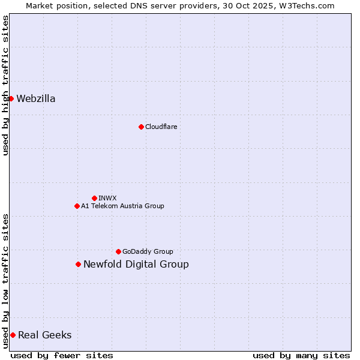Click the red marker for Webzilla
pyautogui.click(x=11, y=98)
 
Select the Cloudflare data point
pyautogui.click(x=141, y=127)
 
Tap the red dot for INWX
pyautogui.click(x=94, y=198)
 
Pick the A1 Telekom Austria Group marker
pyautogui.click(x=77, y=206)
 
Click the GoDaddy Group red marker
pyautogui.click(x=118, y=251)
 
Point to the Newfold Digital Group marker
pyautogui.click(x=78, y=264)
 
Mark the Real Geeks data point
pyautogui.click(x=13, y=335)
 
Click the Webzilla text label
pyautogui.click(x=36, y=99)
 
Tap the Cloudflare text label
pyautogui.click(x=161, y=127)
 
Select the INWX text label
pyautogui.click(x=107, y=198)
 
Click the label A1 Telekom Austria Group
pyautogui.click(x=122, y=206)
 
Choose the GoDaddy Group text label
pyautogui.click(x=148, y=251)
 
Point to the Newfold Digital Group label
pyautogui.click(x=136, y=265)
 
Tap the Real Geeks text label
pyautogui.click(x=45, y=335)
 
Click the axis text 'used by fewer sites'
pyautogui.click(x=62, y=355)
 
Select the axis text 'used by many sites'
pyautogui.click(x=301, y=355)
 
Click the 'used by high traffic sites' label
pyautogui.click(x=5, y=85)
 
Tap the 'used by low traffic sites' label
pyautogui.click(x=5, y=281)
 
